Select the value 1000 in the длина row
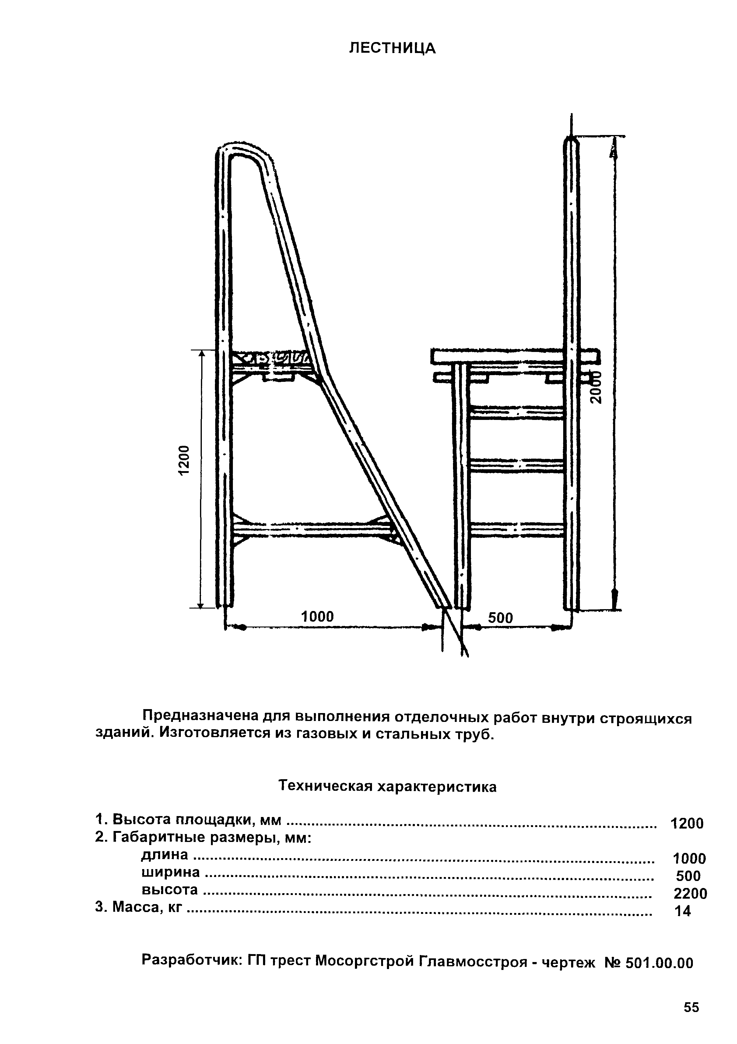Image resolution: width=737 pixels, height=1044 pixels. coord(689,858)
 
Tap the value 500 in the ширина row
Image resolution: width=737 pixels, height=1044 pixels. coord(688,876)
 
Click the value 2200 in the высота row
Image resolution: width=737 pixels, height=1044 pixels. coord(690,893)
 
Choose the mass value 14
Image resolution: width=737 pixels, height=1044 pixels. coord(683,911)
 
